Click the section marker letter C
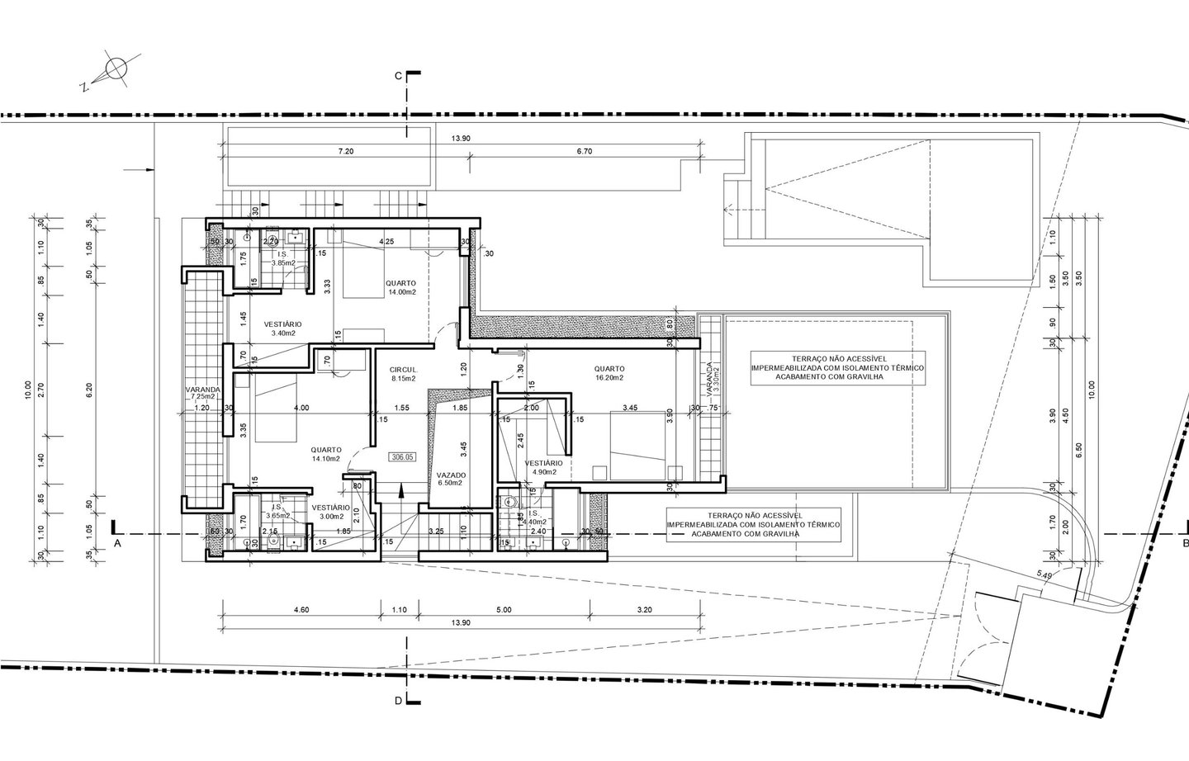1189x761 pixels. [397, 76]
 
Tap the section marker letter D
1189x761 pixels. [398, 702]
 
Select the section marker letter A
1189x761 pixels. [118, 544]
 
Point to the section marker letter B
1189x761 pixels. [1184, 543]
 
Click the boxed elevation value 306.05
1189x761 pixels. [404, 456]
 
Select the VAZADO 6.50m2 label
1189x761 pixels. [452, 480]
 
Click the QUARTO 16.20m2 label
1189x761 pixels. [609, 373]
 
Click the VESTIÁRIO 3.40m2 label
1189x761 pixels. [282, 329]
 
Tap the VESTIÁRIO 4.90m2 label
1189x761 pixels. [543, 468]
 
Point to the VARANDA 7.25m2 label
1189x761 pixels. [202, 393]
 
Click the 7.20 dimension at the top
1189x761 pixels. [346, 152]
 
